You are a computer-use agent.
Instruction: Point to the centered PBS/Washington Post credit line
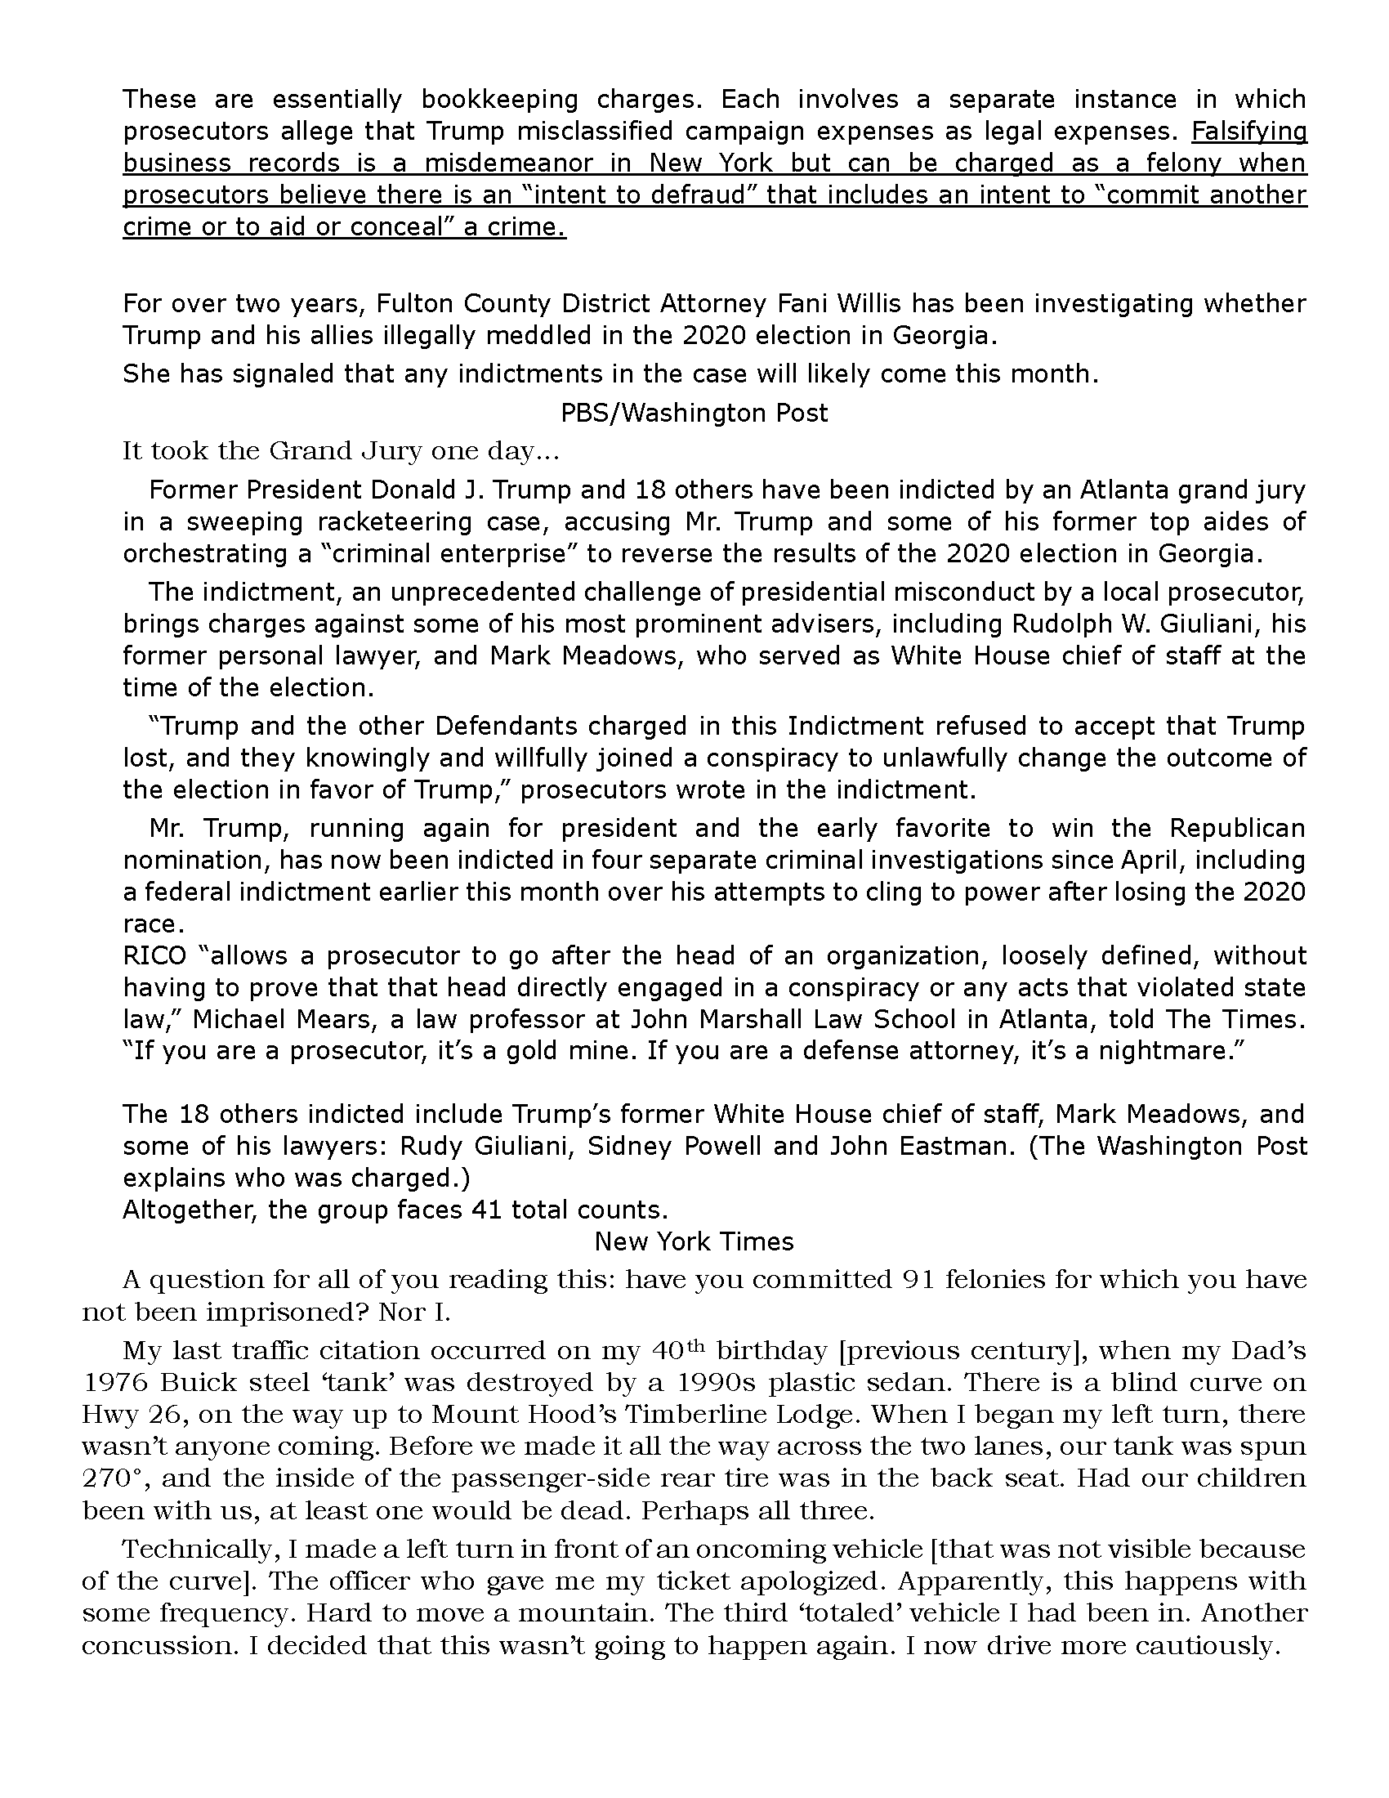pos(694,413)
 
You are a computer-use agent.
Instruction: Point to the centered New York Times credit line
pos(694,1241)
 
